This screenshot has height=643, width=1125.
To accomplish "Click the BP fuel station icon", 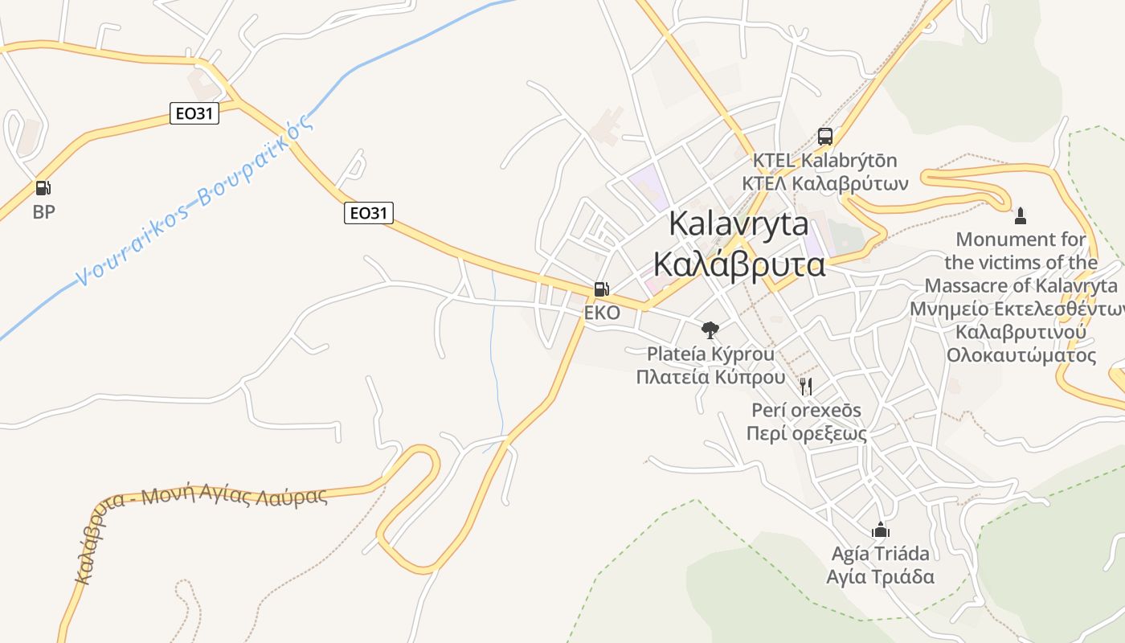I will click(43, 188).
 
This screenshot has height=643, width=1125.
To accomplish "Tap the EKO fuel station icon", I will click(601, 289).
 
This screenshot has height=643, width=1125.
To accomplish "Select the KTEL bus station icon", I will click(824, 136).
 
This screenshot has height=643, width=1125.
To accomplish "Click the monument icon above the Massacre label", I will click(1021, 215).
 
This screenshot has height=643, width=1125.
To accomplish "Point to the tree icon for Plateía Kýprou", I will click(710, 329).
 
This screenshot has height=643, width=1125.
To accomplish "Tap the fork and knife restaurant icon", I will click(806, 387).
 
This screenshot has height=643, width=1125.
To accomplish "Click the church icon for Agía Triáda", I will click(881, 530).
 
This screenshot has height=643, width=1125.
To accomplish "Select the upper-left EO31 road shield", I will click(194, 113).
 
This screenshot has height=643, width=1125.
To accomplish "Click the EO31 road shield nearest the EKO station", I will click(369, 213).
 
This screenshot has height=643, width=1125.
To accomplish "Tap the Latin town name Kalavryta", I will click(738, 223).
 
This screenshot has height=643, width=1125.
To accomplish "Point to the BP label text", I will click(43, 212).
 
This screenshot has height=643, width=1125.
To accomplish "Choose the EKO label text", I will click(602, 313).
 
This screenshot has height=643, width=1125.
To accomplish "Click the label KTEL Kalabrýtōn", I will click(824, 161).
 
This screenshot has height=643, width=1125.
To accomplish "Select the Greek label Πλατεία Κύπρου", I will click(710, 377).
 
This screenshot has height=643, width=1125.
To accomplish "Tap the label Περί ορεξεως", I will click(806, 434).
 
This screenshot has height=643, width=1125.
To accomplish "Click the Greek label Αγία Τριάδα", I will click(881, 576).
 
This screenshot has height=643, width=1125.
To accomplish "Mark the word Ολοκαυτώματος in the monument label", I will click(1021, 355).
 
